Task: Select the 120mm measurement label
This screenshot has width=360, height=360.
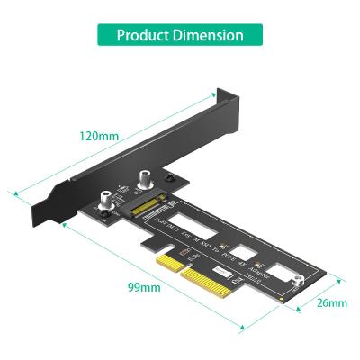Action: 99,137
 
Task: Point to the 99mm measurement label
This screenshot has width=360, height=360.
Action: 143,289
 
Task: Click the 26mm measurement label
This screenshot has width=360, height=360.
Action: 331,303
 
